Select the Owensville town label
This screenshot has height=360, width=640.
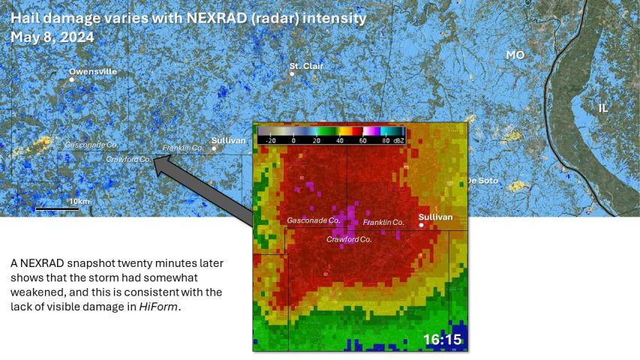[x=93, y=72]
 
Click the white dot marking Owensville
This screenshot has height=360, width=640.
[x=72, y=79]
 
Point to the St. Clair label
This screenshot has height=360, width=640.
[x=306, y=66]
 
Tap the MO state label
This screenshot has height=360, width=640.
[x=515, y=55]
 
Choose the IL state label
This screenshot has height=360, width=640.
[x=603, y=108]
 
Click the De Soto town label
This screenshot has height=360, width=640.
[x=483, y=181]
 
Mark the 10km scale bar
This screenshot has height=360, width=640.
[x=57, y=208]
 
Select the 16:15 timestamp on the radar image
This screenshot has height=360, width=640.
[x=442, y=339]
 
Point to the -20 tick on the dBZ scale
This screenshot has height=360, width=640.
[x=270, y=140]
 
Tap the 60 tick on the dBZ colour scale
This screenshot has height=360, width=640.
[x=362, y=140]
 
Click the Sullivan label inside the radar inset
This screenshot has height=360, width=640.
[x=435, y=217]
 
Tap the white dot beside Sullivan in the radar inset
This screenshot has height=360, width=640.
[x=422, y=224]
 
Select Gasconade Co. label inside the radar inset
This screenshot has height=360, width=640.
[x=314, y=220]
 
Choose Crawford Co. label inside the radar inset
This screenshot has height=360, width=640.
[x=349, y=239]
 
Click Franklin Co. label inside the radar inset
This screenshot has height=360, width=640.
[x=383, y=223]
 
